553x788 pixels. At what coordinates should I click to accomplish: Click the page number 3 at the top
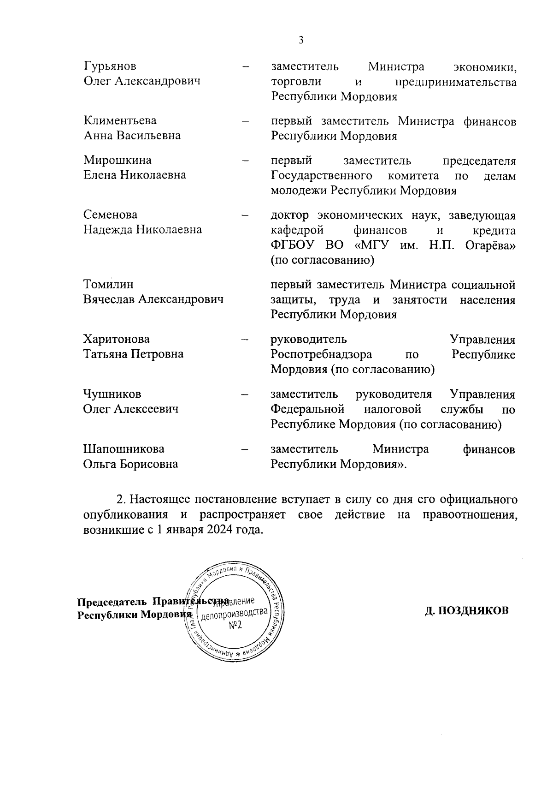click(x=301, y=40)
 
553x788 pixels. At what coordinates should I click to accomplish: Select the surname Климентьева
click(x=120, y=121)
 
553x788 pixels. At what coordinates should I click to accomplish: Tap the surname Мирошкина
click(x=117, y=160)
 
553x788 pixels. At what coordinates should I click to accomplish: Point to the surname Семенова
click(x=110, y=215)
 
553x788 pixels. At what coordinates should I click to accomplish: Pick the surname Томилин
click(x=108, y=285)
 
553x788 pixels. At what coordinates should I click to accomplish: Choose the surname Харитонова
click(x=116, y=340)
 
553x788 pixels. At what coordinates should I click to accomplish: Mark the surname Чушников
click(x=112, y=394)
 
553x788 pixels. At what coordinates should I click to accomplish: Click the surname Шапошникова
click(x=124, y=449)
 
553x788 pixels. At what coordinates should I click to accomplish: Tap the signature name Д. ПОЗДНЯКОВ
click(x=467, y=610)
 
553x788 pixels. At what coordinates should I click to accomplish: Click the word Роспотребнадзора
click(x=321, y=355)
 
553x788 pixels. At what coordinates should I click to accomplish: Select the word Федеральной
click(x=307, y=409)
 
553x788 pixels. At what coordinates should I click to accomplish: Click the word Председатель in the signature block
click(x=112, y=602)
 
